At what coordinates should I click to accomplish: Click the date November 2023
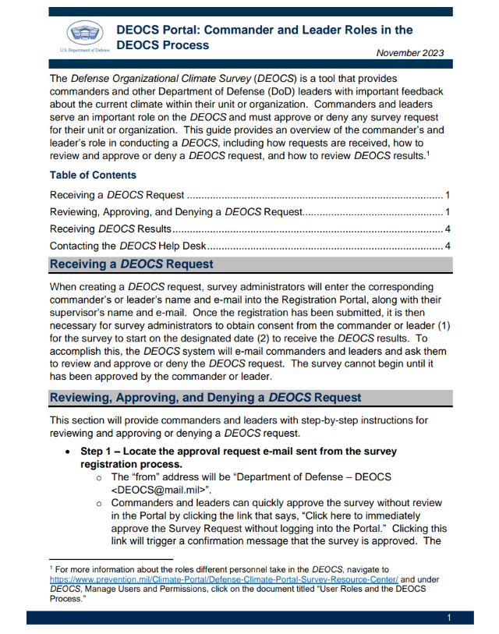[x=409, y=53]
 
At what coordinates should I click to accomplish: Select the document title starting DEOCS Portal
[x=264, y=37]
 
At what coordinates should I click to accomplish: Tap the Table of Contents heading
[x=93, y=175]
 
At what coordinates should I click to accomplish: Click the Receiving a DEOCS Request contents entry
[x=117, y=194]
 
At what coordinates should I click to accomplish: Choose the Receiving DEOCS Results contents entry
[x=111, y=229]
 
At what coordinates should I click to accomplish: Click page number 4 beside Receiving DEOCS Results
[x=448, y=229]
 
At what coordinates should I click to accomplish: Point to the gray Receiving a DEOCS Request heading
[x=131, y=264]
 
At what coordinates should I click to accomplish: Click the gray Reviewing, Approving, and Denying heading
[x=205, y=398]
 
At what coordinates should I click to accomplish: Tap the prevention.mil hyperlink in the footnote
[x=225, y=580]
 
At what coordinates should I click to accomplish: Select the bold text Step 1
[x=99, y=452]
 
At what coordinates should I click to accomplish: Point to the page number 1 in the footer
[x=449, y=618]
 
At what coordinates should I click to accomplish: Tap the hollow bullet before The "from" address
[x=99, y=477]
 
